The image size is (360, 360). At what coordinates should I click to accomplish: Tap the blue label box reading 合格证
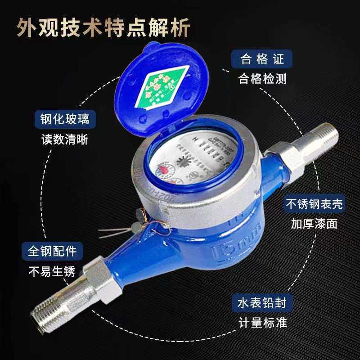(261, 58)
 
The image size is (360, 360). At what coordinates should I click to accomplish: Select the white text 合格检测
(262, 79)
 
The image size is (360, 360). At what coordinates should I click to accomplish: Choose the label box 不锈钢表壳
(315, 204)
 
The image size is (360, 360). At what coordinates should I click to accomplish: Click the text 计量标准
(262, 323)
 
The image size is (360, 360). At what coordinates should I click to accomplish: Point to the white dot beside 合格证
(224, 71)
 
